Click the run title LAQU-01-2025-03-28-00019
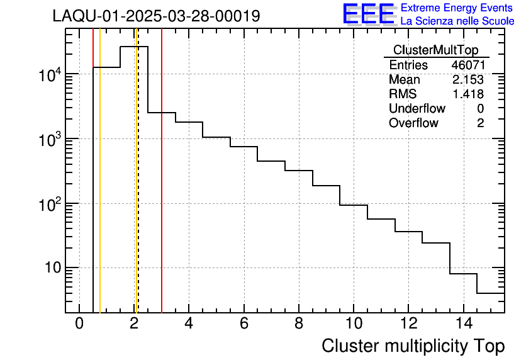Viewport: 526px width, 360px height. [156, 16]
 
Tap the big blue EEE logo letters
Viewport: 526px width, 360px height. [368, 14]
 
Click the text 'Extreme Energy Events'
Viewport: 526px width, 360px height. [457, 8]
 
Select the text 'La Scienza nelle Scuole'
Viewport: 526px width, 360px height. [457, 21]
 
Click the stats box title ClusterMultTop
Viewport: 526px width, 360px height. [435, 50]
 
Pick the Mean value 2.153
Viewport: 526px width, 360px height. [467, 80]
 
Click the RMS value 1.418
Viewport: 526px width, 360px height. [467, 94]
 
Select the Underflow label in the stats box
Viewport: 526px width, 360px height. [417, 109]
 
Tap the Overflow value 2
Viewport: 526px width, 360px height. [480, 123]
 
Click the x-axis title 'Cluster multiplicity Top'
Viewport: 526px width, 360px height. [413, 346]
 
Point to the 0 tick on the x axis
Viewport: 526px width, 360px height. [79, 323]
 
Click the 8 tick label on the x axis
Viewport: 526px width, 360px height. [299, 323]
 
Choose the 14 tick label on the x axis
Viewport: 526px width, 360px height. [463, 323]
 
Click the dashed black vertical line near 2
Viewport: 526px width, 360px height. [138, 189]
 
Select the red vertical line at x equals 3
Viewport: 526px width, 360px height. [162, 189]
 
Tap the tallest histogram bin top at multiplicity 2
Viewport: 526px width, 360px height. [134, 47]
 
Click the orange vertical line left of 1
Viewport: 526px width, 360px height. [100, 189]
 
